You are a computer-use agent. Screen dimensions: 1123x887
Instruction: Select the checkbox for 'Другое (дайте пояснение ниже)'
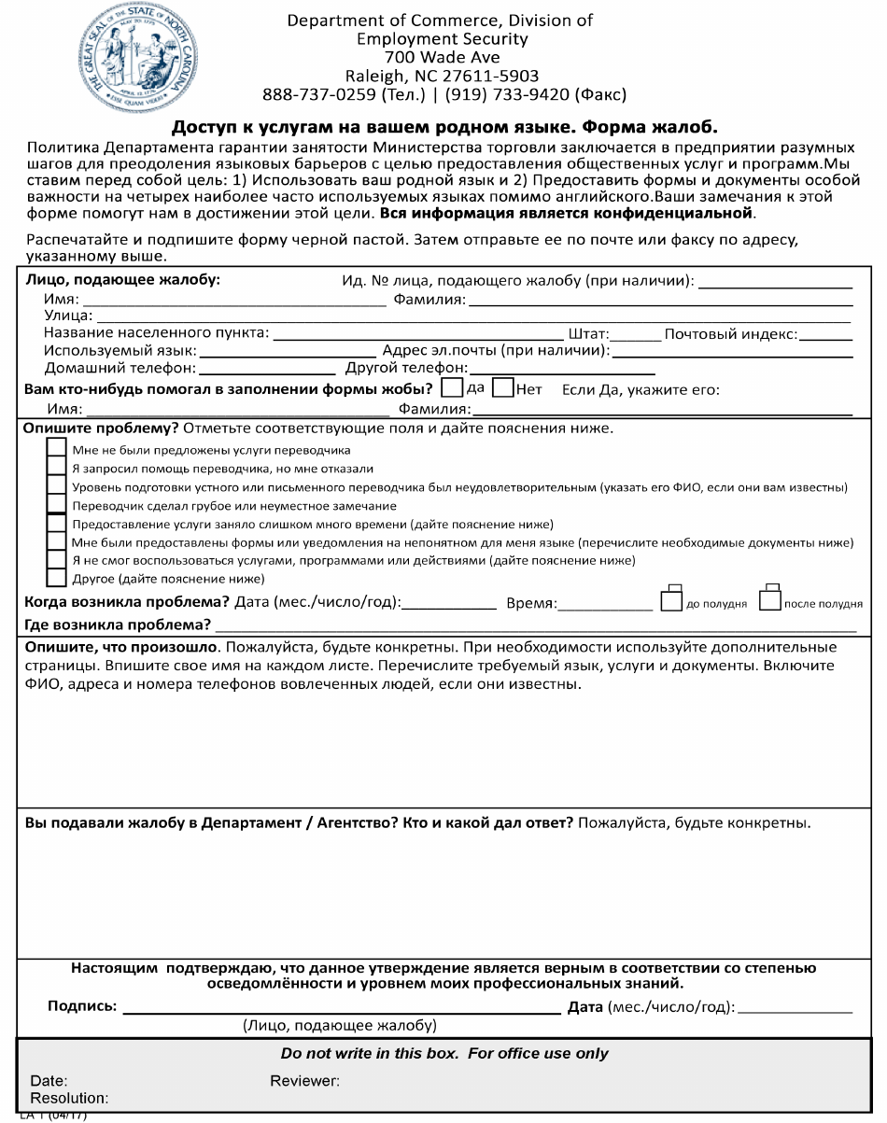(x=57, y=578)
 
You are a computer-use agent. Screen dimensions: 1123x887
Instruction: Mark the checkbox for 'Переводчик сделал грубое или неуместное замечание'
(x=57, y=505)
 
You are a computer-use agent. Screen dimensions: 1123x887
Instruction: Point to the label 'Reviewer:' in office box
(x=304, y=1081)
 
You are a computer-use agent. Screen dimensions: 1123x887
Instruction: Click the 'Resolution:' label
(x=69, y=1098)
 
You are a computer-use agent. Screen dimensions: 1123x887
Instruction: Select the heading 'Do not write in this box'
(x=444, y=1054)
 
